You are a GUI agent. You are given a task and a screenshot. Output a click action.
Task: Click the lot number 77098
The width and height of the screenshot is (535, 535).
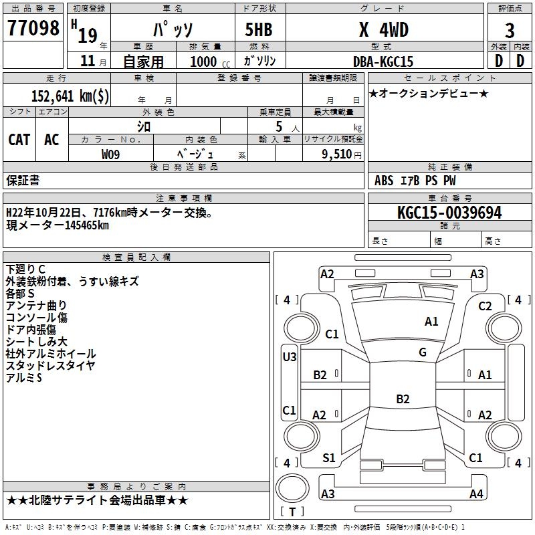(33, 28)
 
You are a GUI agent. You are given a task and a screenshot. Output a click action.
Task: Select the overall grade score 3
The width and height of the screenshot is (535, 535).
(510, 30)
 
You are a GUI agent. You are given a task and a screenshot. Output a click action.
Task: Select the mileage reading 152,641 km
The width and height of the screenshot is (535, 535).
(70, 96)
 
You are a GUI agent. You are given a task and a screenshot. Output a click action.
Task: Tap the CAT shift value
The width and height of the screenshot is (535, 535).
(19, 139)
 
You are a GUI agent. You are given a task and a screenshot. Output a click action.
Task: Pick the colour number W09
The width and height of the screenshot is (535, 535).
(110, 154)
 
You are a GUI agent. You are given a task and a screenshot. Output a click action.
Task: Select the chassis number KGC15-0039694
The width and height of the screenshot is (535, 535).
(449, 213)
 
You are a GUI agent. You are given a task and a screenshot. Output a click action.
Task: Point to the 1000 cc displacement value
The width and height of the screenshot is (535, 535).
(209, 62)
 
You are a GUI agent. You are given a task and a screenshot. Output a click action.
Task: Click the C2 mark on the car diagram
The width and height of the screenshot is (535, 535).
(486, 306)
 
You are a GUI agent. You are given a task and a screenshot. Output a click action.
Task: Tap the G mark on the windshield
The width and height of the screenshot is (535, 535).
(422, 352)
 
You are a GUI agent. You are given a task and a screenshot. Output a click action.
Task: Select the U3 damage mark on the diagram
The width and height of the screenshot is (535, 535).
(290, 357)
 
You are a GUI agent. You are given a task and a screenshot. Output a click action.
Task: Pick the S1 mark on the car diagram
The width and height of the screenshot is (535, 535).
(329, 457)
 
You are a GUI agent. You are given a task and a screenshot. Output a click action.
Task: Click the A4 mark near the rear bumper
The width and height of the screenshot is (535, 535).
(476, 494)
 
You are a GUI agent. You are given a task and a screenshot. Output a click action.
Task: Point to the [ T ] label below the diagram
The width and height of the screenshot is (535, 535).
(292, 512)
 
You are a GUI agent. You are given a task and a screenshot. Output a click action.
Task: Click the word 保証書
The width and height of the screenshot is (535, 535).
(23, 180)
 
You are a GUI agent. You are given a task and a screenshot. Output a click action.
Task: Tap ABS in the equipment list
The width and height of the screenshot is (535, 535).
(384, 180)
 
